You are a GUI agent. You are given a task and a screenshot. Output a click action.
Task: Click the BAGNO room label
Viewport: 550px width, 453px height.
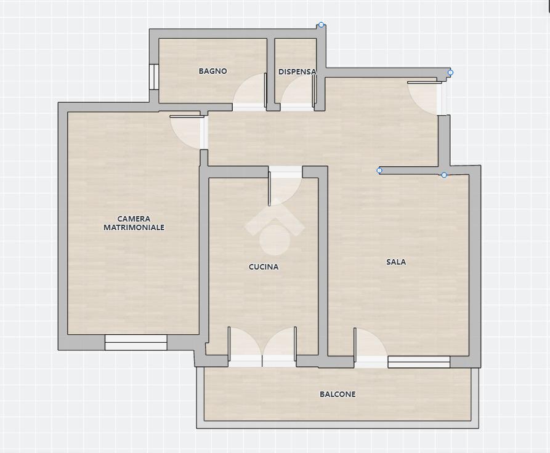212,71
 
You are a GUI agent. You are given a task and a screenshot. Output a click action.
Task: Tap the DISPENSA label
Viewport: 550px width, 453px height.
297,71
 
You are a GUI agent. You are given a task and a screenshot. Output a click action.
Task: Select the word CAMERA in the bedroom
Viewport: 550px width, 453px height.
134,218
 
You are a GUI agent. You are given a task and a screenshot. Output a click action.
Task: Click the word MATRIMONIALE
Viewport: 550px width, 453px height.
134,227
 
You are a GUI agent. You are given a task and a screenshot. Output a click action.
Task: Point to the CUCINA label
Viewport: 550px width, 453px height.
264,267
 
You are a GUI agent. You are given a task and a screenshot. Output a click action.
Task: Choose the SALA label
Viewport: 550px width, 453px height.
396,262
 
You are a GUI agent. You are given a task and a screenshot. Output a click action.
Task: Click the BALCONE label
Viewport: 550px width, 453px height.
338,394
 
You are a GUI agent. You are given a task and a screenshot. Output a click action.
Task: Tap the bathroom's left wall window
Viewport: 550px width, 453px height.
153,77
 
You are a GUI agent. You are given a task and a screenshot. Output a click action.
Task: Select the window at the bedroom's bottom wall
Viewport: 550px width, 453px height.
135,342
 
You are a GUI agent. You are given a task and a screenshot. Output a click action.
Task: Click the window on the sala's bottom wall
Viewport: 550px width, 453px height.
419,362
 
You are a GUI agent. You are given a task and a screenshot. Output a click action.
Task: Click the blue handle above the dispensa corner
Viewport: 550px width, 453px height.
321,25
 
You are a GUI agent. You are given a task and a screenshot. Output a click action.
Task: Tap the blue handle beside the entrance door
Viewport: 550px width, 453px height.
451,73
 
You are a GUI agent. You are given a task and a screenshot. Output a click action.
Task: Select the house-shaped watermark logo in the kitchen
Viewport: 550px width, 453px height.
275,226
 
